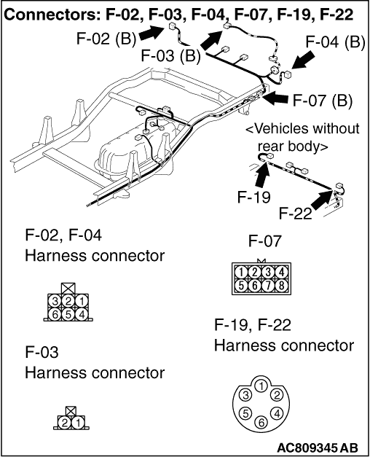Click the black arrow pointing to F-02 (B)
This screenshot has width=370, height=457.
click(151, 32)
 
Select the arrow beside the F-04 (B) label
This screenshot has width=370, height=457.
click(303, 60)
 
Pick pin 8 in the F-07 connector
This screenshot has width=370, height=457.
click(281, 285)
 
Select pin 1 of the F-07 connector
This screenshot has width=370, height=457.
click(241, 273)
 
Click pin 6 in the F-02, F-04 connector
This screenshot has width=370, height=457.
click(55, 314)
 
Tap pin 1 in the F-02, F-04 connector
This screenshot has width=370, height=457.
click(82, 301)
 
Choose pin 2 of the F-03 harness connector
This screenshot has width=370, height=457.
click(64, 422)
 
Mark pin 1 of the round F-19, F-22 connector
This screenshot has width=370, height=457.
click(261, 386)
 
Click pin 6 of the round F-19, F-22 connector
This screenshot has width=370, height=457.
click(261, 422)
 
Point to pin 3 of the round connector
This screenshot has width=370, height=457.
click(245, 395)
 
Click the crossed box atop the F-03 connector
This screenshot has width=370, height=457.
click(71, 411)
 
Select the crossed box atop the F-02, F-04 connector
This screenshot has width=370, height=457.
click(68, 289)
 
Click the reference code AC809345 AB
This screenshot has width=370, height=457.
click(318, 448)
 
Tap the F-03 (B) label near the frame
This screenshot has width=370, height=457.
click(170, 55)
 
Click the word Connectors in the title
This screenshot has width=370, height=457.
click(52, 14)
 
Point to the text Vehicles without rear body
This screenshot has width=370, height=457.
click(302, 137)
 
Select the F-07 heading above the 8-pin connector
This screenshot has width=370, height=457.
click(265, 241)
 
